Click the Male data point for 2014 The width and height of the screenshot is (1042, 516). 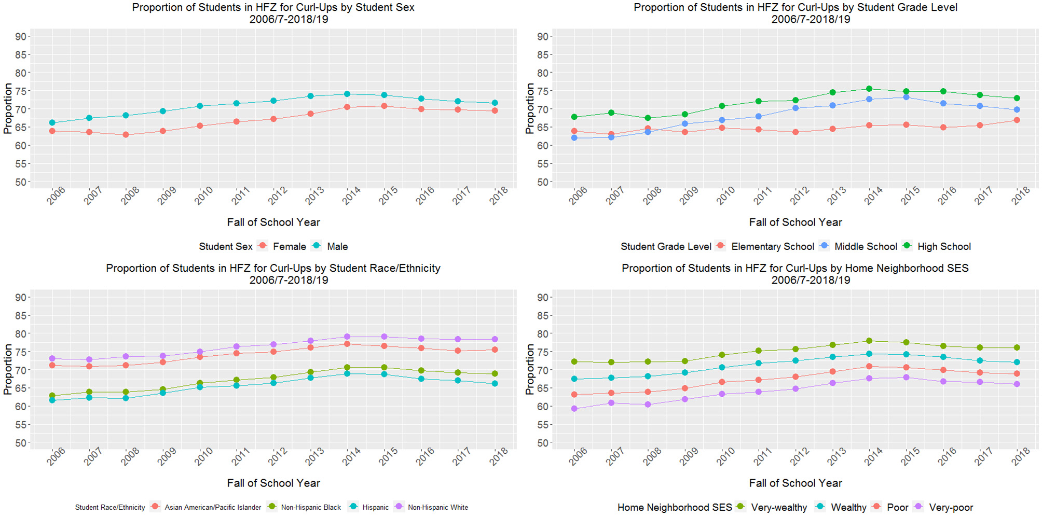point(347,94)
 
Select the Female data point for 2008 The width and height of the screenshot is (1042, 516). point(126,135)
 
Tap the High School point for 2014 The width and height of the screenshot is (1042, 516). point(869,89)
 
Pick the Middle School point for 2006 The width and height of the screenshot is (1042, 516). point(574,138)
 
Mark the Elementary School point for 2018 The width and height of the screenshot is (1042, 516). point(1017,120)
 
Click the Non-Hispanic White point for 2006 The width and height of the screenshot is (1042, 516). point(52,358)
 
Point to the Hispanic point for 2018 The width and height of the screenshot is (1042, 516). point(495,384)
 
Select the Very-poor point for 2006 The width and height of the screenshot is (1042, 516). point(574,409)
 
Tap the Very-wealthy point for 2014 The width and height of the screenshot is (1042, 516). point(869,341)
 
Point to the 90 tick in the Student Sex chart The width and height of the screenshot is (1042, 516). point(21,36)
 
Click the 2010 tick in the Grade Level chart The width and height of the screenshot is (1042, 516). point(725,196)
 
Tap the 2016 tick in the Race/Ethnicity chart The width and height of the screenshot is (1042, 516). point(425,457)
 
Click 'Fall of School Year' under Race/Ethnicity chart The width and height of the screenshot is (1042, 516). point(273,483)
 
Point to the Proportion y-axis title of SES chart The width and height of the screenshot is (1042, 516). point(529,369)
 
